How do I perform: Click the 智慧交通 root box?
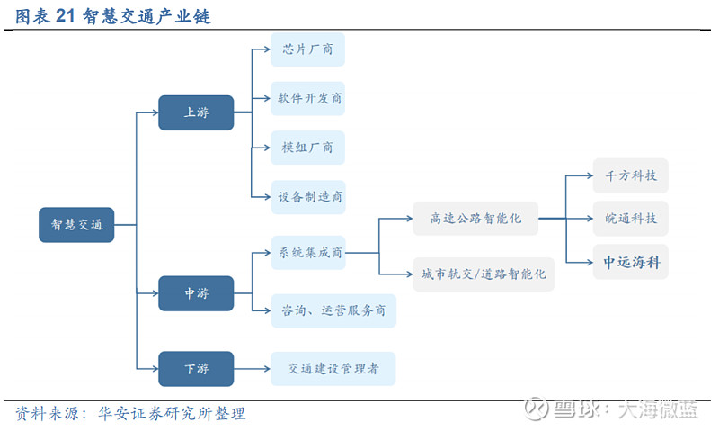(76, 224)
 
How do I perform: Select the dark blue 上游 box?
(196, 112)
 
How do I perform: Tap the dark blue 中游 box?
(196, 293)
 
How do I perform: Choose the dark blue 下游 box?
(196, 369)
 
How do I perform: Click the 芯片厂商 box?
(307, 49)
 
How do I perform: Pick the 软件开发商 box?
(307, 98)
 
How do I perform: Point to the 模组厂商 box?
(307, 148)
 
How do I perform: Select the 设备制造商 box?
(308, 197)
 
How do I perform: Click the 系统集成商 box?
(308, 253)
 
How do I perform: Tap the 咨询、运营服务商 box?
(333, 310)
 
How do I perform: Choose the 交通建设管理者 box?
(333, 369)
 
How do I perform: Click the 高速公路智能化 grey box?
(476, 219)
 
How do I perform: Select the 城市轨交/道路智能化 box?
(484, 274)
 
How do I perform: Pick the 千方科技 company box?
(631, 175)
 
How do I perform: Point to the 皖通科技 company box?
(631, 219)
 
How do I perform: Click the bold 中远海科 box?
(631, 262)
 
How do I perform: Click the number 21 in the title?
(65, 16)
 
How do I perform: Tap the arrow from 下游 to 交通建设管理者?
(252, 369)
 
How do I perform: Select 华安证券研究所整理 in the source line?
(172, 414)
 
